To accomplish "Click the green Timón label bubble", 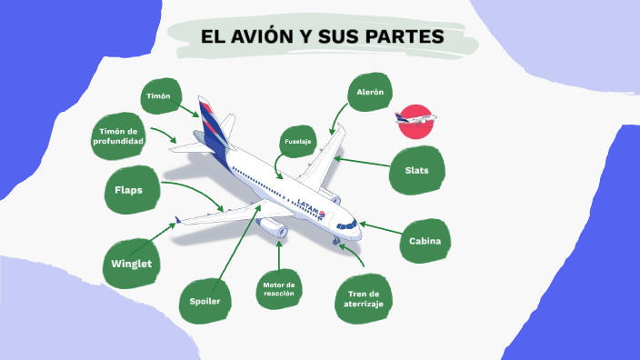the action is [158, 95].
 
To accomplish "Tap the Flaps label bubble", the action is [127, 190].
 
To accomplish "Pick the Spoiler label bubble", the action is [205, 301].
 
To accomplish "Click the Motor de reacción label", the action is [279, 288].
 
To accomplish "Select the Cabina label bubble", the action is [425, 241].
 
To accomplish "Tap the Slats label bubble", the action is [417, 170].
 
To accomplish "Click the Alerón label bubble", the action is [369, 93].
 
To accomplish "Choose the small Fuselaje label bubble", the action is [297, 142].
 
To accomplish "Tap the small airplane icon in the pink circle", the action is [416, 119].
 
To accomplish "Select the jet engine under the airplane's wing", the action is [274, 229].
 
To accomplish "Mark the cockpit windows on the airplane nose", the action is [345, 225].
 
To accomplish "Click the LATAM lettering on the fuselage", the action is [310, 206].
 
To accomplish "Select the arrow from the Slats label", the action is [362, 162].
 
